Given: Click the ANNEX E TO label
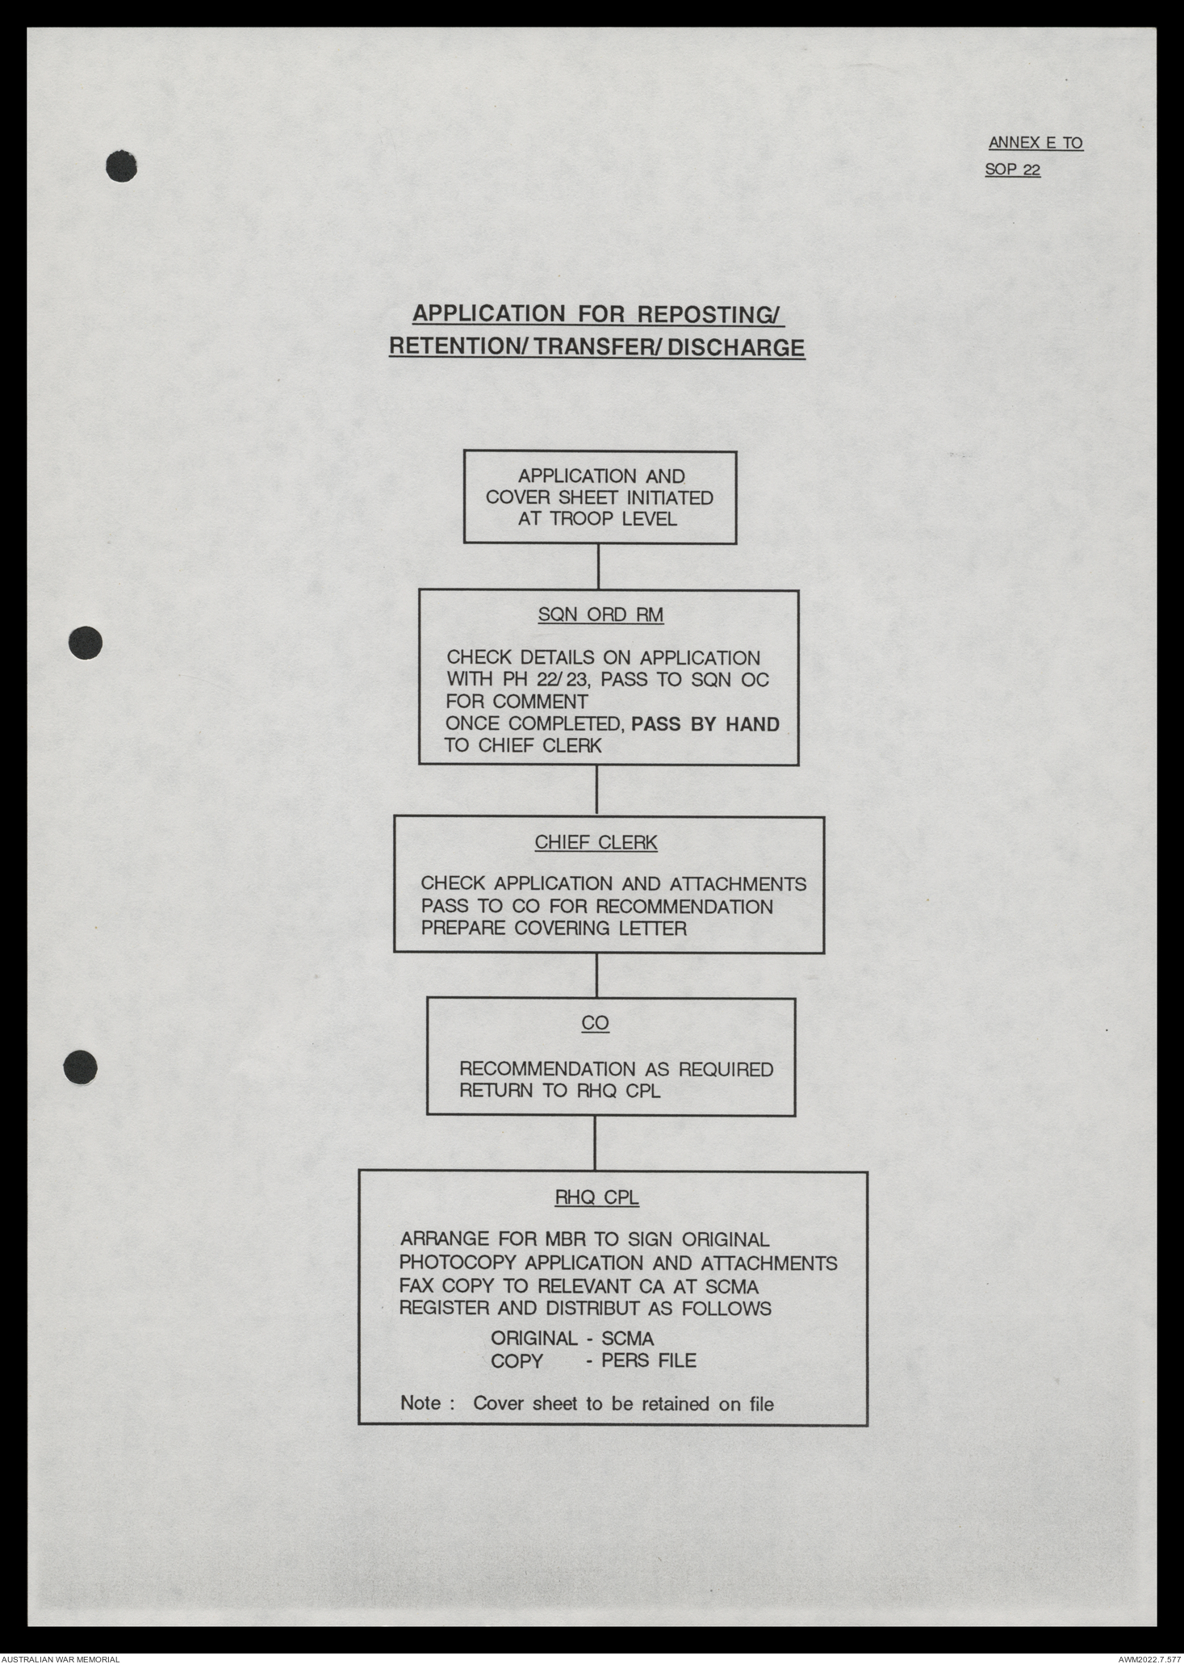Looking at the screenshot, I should (1035, 144).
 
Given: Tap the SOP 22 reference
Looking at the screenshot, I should (1012, 170).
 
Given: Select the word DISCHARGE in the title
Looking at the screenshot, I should (735, 348).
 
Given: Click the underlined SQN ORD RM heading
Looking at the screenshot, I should (600, 615).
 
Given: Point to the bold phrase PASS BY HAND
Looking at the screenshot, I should (705, 724).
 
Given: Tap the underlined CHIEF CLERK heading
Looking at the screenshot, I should (596, 843).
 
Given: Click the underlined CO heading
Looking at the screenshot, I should (595, 1023).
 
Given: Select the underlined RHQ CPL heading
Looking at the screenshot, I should (596, 1197).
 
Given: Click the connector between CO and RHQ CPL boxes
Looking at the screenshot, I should (595, 1143).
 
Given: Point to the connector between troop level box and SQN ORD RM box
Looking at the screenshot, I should (598, 567).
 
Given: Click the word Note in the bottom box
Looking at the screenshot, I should (420, 1403).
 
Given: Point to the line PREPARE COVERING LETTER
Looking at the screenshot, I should (554, 928).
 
